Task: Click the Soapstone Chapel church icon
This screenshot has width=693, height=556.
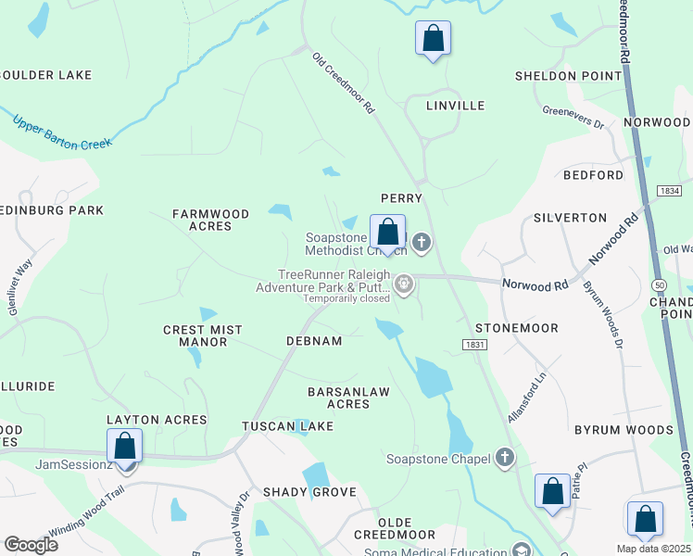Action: [x=504, y=457]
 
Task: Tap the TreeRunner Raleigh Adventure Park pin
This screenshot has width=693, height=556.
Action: [x=404, y=284]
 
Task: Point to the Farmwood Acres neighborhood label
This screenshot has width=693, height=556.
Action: [x=211, y=220]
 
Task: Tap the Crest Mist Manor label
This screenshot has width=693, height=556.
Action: [x=202, y=335]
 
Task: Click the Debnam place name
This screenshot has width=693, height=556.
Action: [x=313, y=341]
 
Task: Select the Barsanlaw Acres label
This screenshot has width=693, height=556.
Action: [x=348, y=398]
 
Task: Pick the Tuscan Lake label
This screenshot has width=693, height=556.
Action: [x=287, y=426]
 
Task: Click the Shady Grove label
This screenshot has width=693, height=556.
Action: [x=309, y=491]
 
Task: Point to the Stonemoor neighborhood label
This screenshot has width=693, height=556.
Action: [x=517, y=328]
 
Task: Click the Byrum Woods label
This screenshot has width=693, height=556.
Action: [x=624, y=430]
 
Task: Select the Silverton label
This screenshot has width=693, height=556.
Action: [x=570, y=218]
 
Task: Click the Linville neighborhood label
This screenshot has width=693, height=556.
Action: [x=455, y=106]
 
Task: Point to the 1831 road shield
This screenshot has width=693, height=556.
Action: [x=472, y=344]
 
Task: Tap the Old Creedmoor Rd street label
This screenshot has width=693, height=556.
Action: [x=344, y=82]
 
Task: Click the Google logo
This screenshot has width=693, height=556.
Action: [x=31, y=545]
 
